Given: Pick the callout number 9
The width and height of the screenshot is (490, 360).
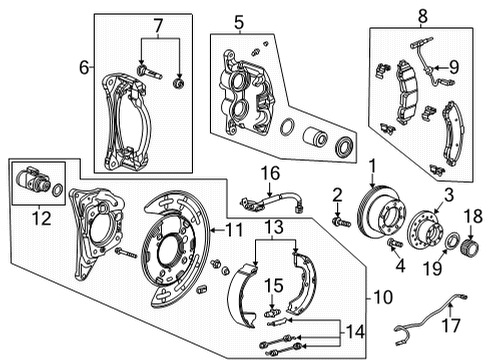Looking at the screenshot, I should (x=453, y=68).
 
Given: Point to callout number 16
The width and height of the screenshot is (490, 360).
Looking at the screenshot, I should (x=268, y=172).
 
